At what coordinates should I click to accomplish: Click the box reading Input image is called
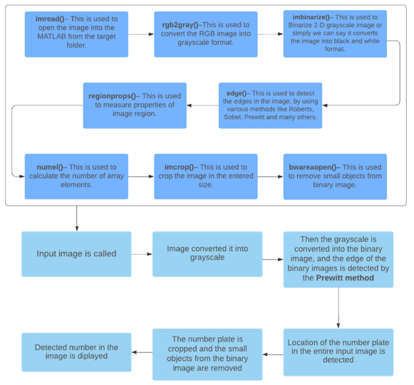[76, 254]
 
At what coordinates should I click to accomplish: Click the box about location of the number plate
[338, 351]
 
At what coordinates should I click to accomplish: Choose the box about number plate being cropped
[207, 354]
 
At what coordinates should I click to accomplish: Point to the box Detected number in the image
[76, 352]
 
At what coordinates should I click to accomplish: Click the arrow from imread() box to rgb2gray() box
[141, 33]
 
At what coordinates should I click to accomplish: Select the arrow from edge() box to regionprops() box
[202, 105]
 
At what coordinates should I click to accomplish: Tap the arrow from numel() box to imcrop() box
[141, 176]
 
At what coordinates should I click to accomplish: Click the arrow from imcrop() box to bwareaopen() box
[270, 176]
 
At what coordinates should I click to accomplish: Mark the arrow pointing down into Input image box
[76, 219]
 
